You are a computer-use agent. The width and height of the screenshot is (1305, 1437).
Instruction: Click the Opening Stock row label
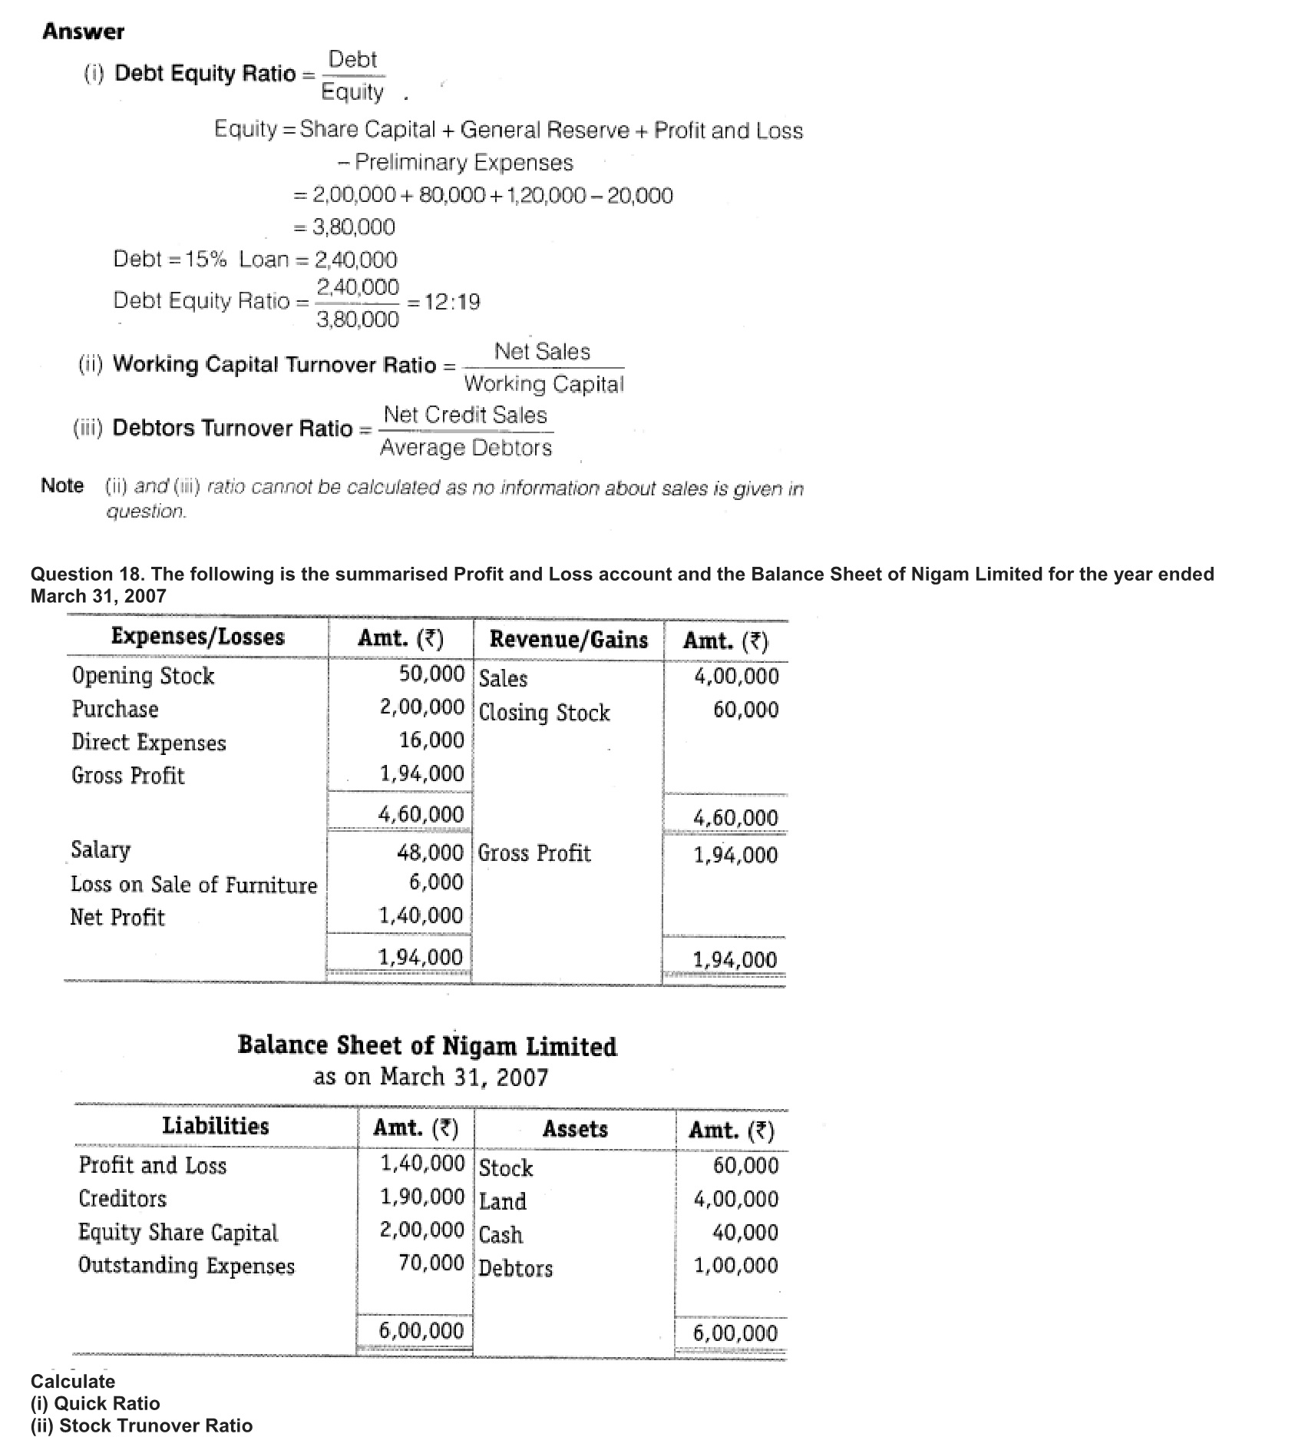pyautogui.click(x=144, y=676)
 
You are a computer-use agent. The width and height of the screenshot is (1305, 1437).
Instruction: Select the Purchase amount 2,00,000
pyautogui.click(x=421, y=707)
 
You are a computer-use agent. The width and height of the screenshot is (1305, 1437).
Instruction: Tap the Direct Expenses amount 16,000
pyautogui.click(x=431, y=740)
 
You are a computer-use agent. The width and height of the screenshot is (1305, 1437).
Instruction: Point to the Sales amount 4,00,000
pyautogui.click(x=735, y=677)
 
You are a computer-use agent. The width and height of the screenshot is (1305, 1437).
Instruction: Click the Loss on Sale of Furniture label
pyautogui.click(x=193, y=885)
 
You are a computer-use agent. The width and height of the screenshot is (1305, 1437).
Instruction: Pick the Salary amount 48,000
pyautogui.click(x=430, y=853)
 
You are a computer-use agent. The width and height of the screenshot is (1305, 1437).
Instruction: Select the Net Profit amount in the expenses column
pyautogui.click(x=421, y=916)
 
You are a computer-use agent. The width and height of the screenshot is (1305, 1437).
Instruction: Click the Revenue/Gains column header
pyautogui.click(x=568, y=640)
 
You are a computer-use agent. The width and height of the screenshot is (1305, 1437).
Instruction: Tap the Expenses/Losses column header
pyautogui.click(x=197, y=637)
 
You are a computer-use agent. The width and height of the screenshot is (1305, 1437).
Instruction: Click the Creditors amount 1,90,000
pyautogui.click(x=422, y=1197)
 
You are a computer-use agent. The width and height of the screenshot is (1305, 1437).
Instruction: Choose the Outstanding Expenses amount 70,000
pyautogui.click(x=431, y=1263)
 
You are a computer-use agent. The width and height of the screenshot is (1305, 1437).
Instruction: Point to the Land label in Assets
pyautogui.click(x=503, y=1201)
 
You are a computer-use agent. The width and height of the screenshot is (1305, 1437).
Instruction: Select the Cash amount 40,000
pyautogui.click(x=745, y=1233)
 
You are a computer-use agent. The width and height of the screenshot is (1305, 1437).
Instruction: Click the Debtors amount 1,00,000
pyautogui.click(x=735, y=1265)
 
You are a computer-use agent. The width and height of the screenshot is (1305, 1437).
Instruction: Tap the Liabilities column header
pyautogui.click(x=216, y=1126)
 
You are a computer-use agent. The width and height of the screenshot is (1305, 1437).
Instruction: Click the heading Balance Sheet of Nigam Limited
pyautogui.click(x=427, y=1046)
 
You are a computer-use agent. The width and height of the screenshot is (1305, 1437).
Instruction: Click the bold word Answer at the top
pyautogui.click(x=84, y=32)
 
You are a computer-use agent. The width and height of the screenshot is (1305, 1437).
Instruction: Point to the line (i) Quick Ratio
pyautogui.click(x=95, y=1403)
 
